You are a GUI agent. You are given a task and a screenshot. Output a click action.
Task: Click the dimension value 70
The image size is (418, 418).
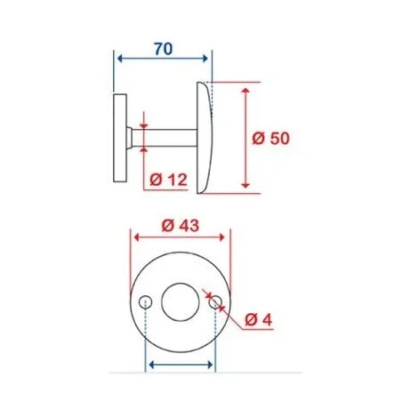point(164,49)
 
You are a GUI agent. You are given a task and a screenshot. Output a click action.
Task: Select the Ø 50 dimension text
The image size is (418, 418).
point(272,139)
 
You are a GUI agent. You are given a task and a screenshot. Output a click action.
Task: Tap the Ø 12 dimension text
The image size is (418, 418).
point(168,180)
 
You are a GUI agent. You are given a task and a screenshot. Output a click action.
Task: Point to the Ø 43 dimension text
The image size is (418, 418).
point(181,225)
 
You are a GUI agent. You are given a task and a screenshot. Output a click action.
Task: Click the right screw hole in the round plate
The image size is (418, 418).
point(214,301)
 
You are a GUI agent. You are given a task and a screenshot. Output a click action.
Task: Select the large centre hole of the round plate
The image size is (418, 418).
point(180,301)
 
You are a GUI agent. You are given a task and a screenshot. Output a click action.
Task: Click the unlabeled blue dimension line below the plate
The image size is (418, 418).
point(180,365)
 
